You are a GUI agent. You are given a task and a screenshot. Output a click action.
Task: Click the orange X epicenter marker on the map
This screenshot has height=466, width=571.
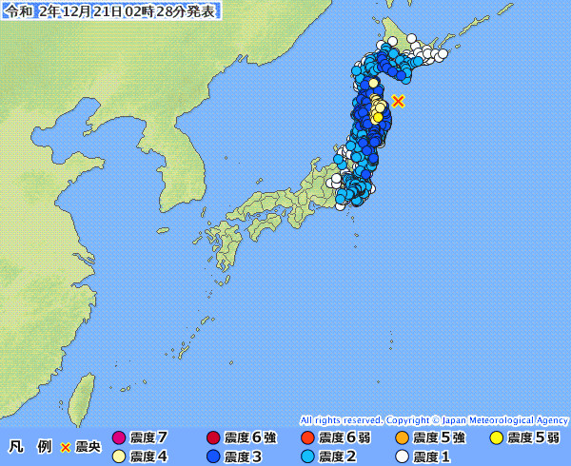coord(399,101)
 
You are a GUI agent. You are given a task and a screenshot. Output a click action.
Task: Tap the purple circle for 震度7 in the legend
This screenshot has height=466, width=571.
coord(119,438)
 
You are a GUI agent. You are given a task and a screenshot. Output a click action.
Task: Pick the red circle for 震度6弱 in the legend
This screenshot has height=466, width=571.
coord(306,438)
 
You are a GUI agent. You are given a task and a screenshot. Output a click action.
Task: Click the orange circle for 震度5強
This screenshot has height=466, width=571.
coord(402,438)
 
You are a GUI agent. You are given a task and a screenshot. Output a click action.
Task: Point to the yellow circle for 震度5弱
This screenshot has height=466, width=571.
coord(496,438)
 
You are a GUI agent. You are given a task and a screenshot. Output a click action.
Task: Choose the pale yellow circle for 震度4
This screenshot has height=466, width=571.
coord(119,456)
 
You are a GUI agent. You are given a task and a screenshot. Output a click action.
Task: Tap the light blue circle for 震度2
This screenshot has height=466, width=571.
coord(306,456)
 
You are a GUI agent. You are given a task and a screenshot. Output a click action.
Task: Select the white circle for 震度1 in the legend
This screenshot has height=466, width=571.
coord(402,456)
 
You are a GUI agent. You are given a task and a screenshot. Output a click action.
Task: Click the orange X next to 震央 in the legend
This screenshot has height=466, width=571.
coord(66,446)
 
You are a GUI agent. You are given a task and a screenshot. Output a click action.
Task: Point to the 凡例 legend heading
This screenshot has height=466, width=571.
coord(30,446)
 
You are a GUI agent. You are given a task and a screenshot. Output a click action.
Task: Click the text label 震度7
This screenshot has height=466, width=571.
coord(149,438)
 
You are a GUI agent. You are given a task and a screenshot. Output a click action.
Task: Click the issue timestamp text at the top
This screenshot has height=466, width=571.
coord(109,10)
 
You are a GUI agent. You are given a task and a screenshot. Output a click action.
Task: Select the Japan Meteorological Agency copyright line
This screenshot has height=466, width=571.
coord(434,419)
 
